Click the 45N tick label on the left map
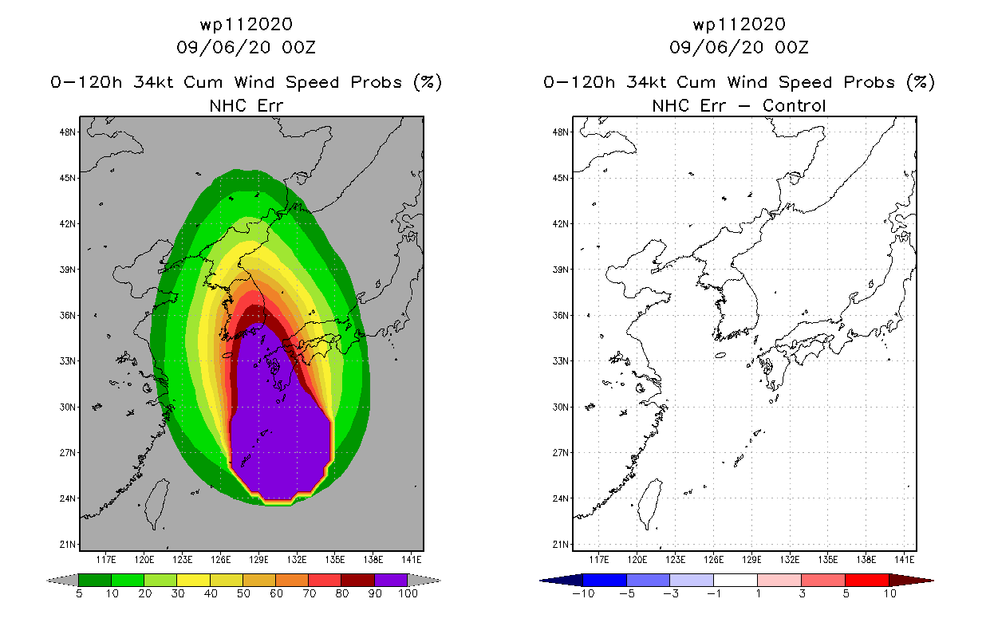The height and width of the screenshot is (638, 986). point(67,178)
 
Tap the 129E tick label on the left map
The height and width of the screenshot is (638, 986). point(258,560)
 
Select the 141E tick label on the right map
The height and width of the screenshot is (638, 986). point(904,560)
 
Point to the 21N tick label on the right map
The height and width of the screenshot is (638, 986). point(560,544)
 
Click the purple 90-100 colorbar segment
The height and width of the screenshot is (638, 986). point(391,580)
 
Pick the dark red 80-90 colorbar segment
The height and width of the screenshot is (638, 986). point(358,580)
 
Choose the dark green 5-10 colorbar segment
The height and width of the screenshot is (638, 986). point(95,580)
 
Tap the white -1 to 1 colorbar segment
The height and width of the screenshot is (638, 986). point(736,580)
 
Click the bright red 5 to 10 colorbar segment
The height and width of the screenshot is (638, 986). point(867,580)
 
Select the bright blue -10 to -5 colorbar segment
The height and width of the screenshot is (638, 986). point(605,580)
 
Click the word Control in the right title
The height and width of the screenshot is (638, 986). point(794,106)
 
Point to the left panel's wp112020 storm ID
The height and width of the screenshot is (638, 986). point(246,25)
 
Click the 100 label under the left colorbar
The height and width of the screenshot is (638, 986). point(408,593)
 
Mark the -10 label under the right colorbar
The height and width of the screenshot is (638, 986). point(583,593)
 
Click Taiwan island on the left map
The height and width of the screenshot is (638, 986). point(157,502)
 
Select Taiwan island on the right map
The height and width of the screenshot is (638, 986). point(650,502)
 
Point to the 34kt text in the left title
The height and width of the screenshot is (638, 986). point(154,83)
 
